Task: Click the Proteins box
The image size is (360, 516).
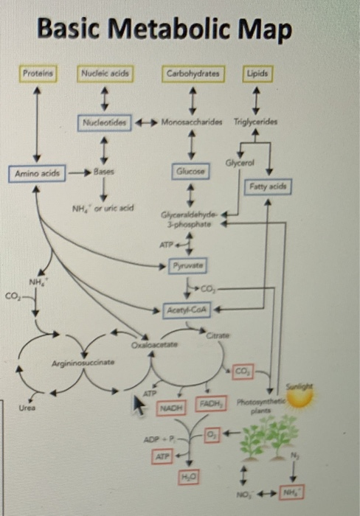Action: point(35,74)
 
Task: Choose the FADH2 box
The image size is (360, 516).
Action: point(210,405)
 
